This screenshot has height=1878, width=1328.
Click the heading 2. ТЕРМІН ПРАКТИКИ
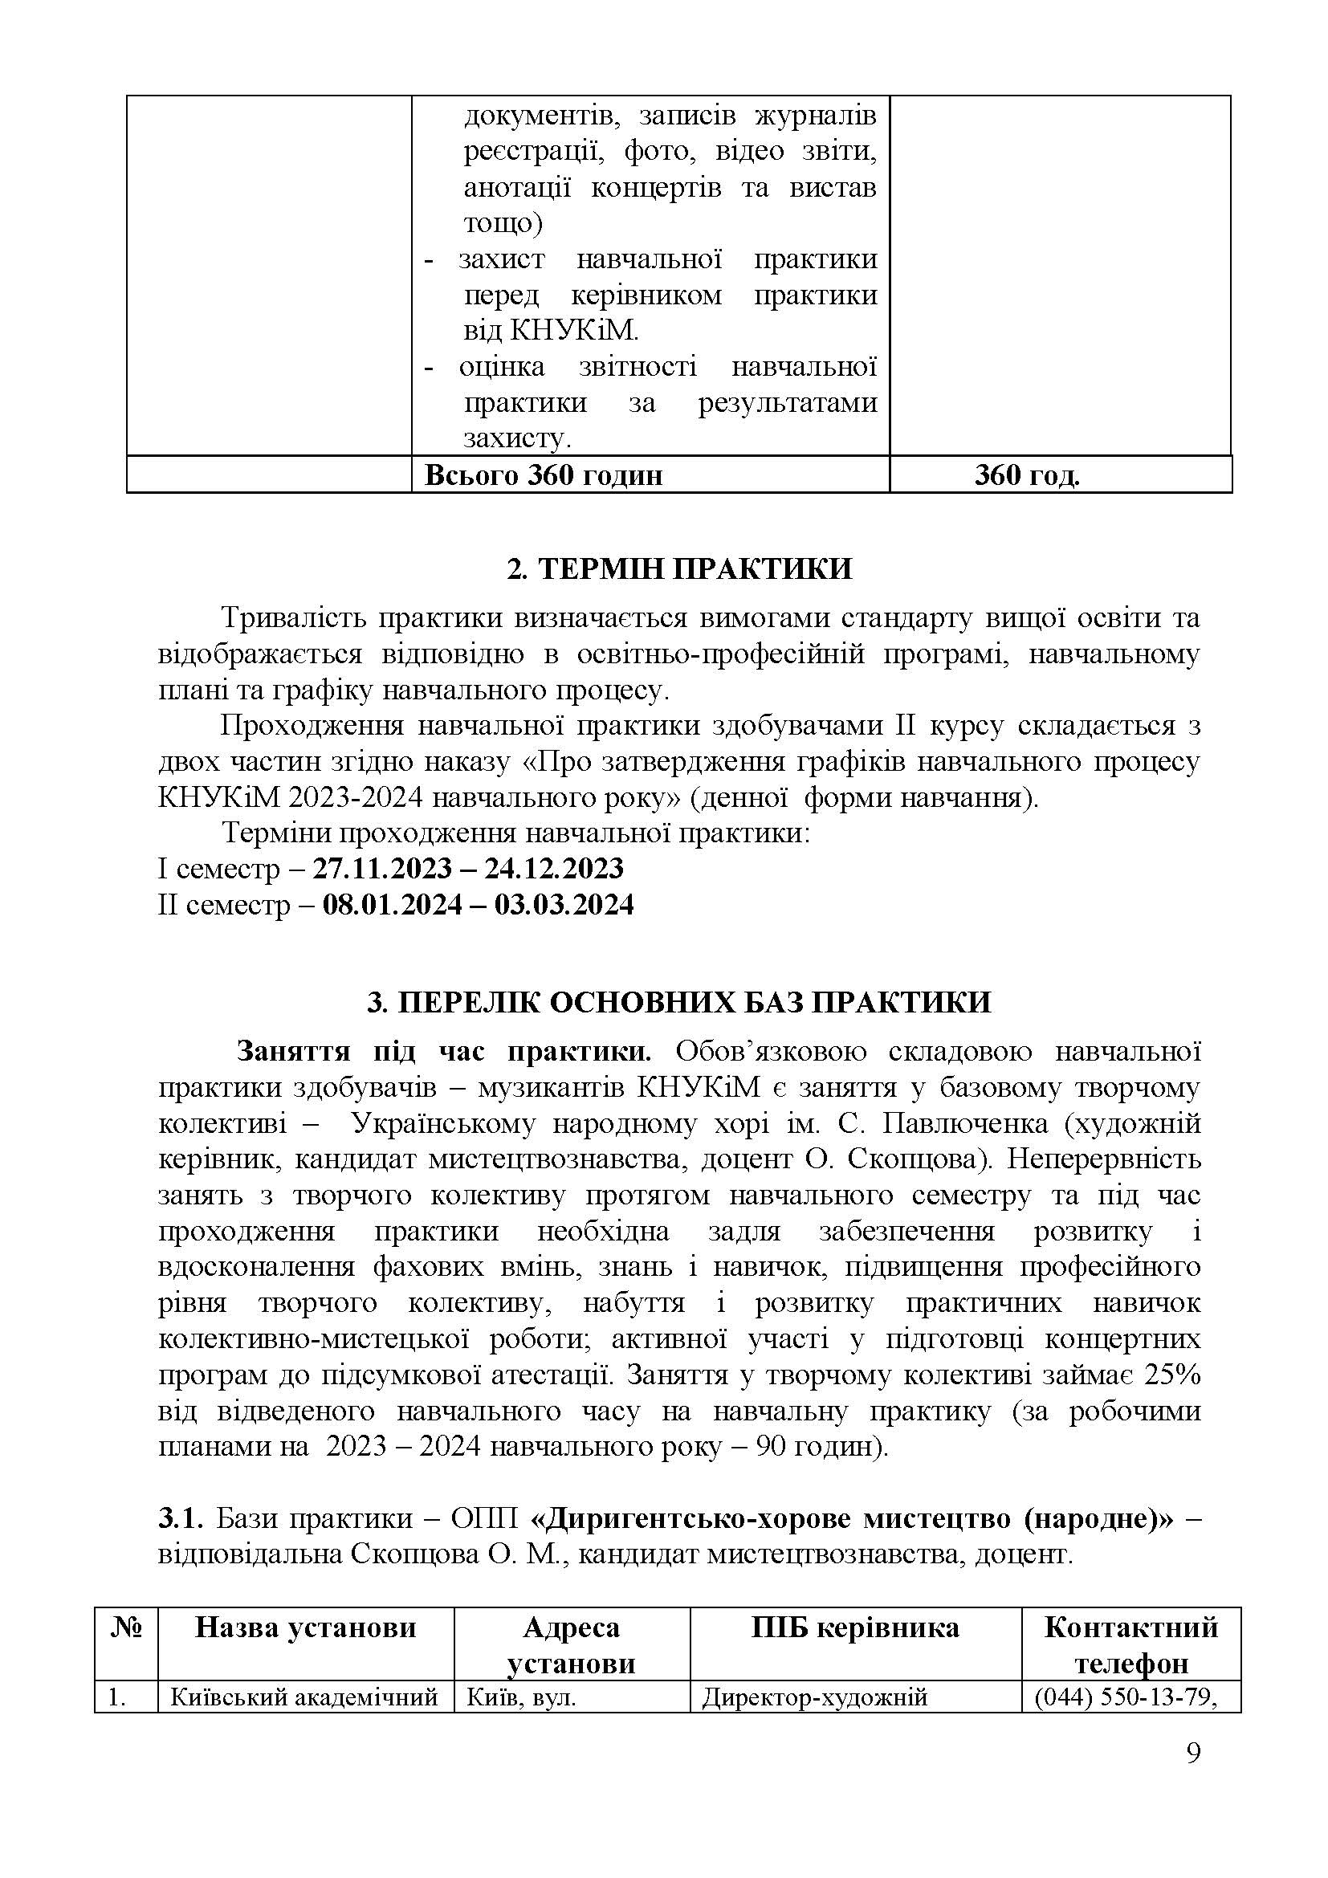678,568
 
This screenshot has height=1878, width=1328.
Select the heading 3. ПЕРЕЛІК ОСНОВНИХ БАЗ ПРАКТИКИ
678,1002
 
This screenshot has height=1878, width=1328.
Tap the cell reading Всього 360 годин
543,475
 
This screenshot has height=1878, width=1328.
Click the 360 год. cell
1026,475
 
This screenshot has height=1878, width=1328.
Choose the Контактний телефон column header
1131,1644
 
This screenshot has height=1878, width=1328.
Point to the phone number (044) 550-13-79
1125,1697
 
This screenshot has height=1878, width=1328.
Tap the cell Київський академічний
304,1697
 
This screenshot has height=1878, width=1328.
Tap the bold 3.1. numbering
179,1518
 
